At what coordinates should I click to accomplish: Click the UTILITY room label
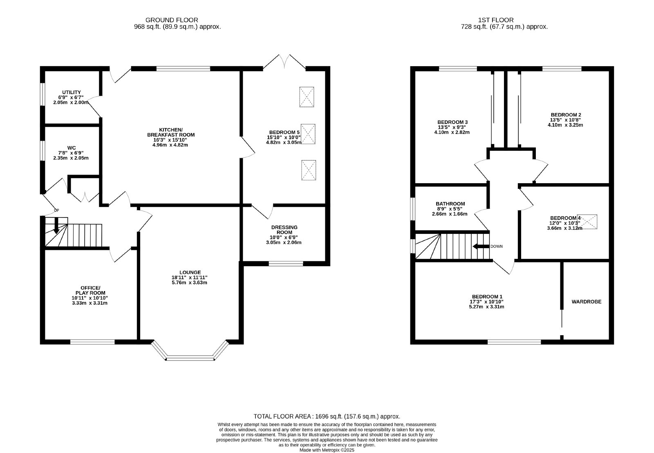point(72,92)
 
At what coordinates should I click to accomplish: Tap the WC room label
point(72,148)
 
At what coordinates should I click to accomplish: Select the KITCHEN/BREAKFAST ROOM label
point(171,132)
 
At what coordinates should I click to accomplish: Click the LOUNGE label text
point(190,273)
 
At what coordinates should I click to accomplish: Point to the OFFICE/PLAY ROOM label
point(90,290)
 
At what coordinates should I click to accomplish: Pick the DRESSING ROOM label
point(284,230)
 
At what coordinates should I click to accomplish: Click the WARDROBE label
point(587,302)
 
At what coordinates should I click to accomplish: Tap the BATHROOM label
point(450,204)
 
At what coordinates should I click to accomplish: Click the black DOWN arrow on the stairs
point(481,247)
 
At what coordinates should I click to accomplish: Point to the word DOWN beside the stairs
point(497,247)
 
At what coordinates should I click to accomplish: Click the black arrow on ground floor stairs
point(56,226)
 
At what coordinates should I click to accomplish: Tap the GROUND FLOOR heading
point(172,20)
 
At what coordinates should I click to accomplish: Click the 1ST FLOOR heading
point(496,20)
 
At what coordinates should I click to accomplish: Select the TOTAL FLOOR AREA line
point(327,417)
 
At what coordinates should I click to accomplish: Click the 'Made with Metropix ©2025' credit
point(327,450)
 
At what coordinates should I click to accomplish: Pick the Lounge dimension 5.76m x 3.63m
point(190,283)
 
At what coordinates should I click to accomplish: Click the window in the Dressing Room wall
point(286,264)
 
